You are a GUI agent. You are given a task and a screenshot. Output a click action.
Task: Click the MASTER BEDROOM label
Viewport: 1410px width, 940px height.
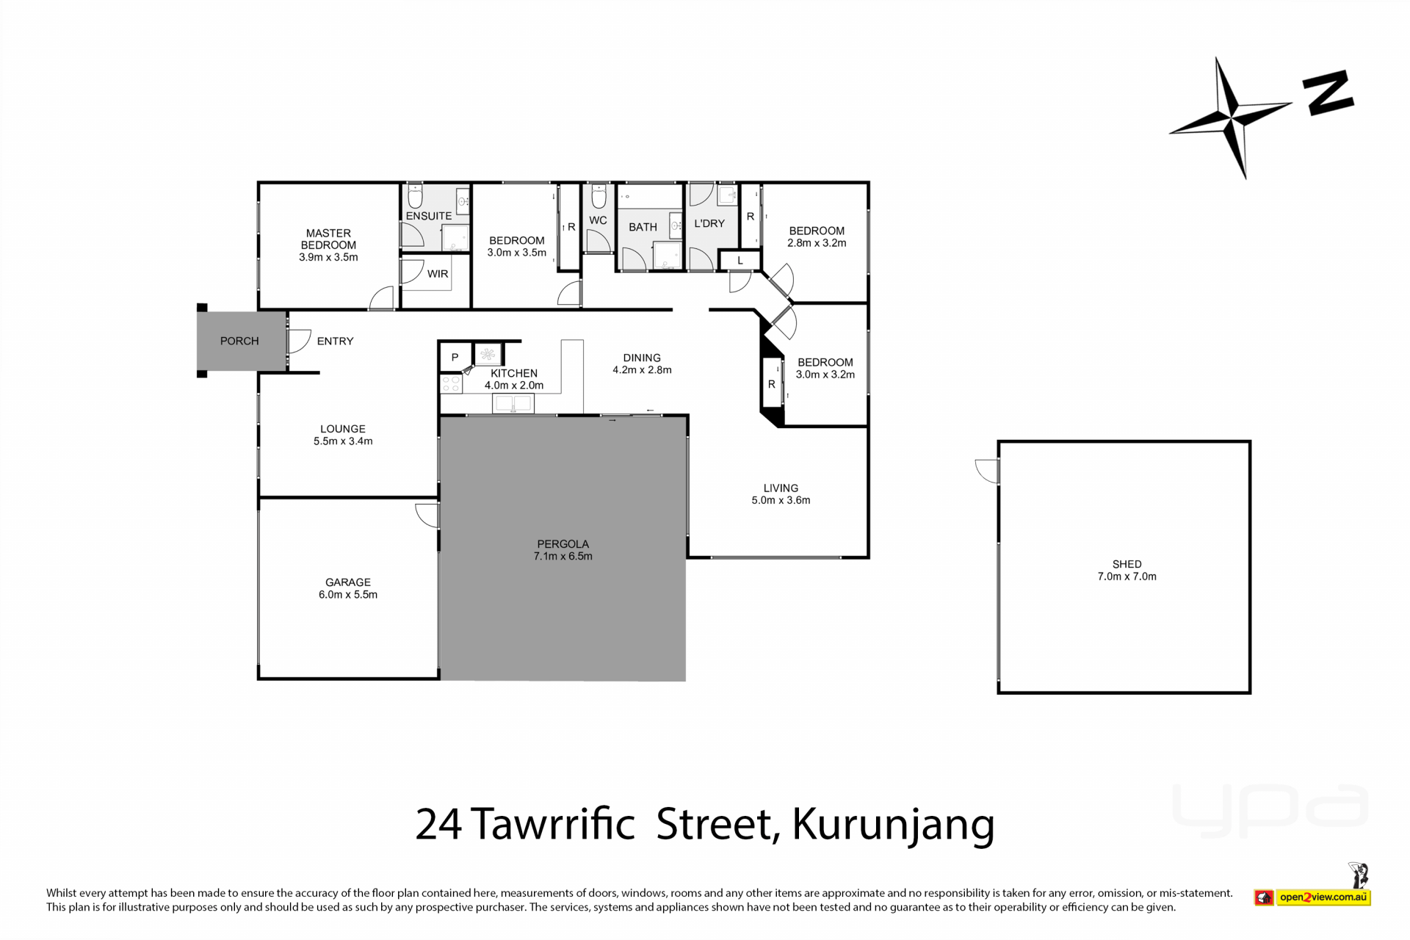[328, 239]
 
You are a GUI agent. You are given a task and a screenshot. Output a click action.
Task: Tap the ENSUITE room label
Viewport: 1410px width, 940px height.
[429, 216]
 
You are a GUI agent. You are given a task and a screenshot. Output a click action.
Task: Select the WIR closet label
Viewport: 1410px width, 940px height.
[438, 274]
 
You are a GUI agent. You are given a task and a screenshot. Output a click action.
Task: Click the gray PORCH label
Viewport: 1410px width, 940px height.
[239, 341]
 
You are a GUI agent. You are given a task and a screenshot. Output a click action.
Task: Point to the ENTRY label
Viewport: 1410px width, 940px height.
[335, 341]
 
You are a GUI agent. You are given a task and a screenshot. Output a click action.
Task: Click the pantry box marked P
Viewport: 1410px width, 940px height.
[455, 358]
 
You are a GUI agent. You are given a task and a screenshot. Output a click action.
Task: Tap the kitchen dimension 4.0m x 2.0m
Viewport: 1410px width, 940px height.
[514, 386]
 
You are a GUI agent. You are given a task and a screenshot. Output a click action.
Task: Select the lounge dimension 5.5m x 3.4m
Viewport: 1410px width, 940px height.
[343, 441]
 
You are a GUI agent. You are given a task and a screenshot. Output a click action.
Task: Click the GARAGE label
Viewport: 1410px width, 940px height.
[348, 582]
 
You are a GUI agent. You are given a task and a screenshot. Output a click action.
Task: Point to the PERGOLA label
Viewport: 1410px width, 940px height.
[563, 544]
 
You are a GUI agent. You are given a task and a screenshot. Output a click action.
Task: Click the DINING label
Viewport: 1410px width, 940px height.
[642, 358]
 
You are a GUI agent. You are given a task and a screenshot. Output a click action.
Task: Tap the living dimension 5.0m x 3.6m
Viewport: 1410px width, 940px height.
[781, 500]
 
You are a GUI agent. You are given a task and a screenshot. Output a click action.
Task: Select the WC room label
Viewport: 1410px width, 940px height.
[598, 220]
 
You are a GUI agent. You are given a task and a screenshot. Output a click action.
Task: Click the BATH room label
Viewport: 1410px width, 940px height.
[643, 227]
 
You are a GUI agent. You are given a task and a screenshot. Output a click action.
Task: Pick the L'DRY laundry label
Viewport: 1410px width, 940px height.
[709, 223]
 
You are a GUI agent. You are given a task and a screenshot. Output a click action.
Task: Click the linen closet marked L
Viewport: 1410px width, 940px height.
[740, 261]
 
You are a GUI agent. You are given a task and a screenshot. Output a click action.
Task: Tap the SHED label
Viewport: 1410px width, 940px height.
[1127, 564]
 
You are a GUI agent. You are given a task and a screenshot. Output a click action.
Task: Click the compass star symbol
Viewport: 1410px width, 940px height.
[1231, 117]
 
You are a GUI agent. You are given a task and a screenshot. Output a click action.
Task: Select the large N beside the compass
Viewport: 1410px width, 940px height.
[1328, 93]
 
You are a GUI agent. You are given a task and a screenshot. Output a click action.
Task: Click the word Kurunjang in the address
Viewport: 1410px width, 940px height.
[893, 824]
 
